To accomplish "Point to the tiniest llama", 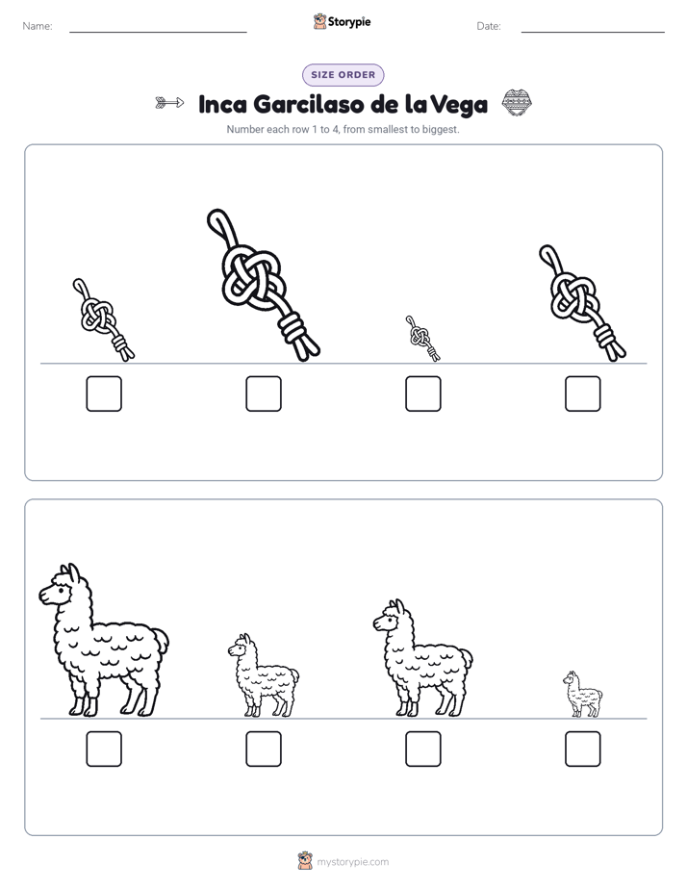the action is [x=583, y=695].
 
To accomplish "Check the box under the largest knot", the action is [x=264, y=394].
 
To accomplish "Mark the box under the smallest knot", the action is [x=422, y=394].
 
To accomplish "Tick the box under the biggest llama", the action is [x=104, y=749].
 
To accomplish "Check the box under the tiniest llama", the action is [x=583, y=749].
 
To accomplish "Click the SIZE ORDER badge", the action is [x=343, y=75].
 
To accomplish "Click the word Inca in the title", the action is [x=223, y=104].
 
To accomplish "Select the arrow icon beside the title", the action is [x=169, y=103].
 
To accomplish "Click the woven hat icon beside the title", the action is [x=517, y=103].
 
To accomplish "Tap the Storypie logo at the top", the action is [x=343, y=21].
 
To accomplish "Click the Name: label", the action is [x=38, y=26].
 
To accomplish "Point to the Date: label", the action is [x=489, y=26].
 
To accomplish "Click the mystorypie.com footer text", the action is [x=352, y=862].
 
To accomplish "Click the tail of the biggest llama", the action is [x=161, y=641].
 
